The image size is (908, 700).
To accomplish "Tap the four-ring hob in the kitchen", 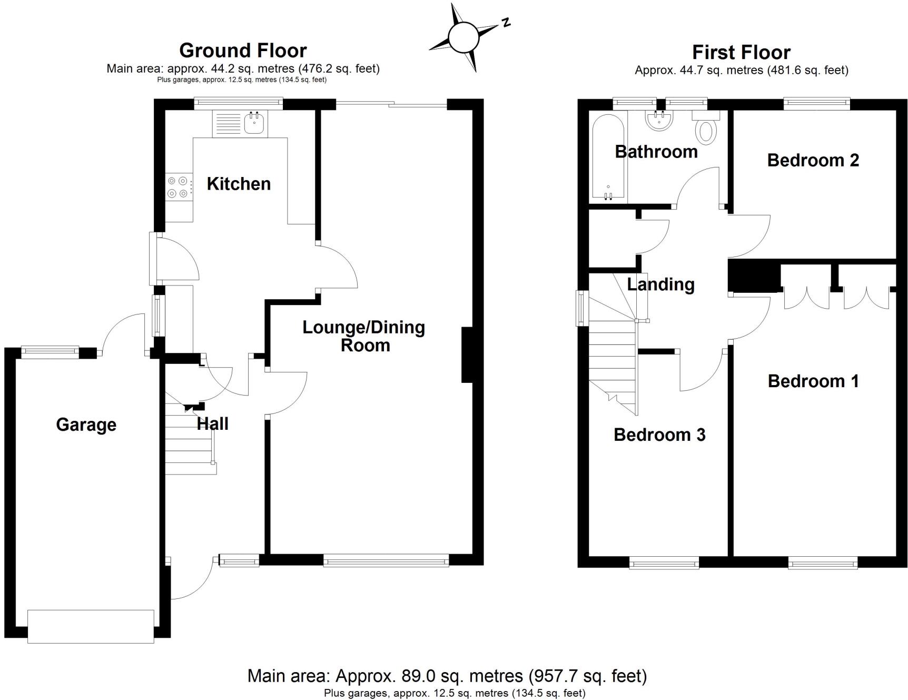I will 177,187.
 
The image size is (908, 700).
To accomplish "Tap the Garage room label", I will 86,425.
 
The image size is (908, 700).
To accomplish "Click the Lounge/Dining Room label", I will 364,336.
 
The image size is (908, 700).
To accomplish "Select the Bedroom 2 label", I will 813,160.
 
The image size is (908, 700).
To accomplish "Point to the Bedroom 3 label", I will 659,435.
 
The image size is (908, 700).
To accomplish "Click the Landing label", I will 660,284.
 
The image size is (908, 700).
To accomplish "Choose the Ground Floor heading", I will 243,51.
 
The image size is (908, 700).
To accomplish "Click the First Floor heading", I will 741,52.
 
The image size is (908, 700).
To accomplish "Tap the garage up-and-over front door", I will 91,626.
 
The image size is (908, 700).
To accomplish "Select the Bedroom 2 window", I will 816,104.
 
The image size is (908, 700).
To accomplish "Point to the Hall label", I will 213,423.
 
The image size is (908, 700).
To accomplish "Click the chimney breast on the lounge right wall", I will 467,354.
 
